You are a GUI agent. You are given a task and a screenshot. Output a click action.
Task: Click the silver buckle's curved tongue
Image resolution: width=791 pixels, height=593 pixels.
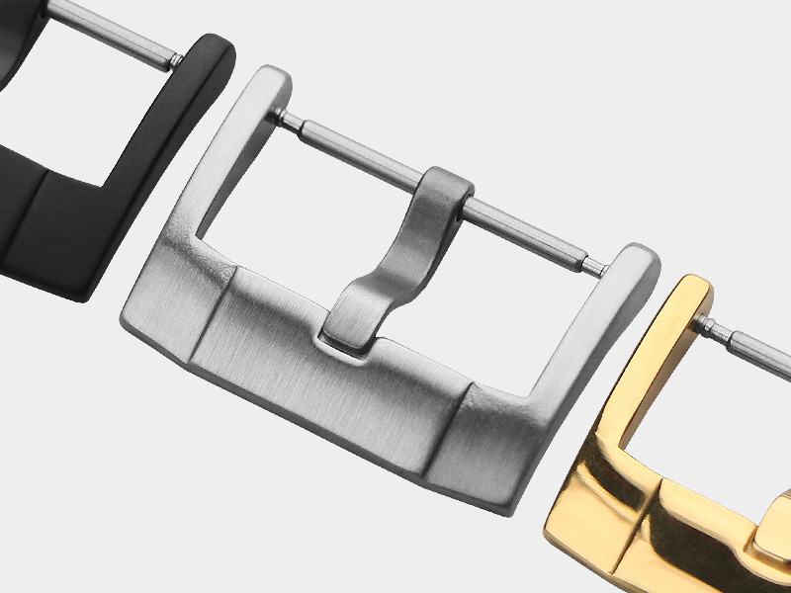(395, 267)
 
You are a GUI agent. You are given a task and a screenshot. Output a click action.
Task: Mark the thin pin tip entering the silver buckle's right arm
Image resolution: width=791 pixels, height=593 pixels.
(595, 265)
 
